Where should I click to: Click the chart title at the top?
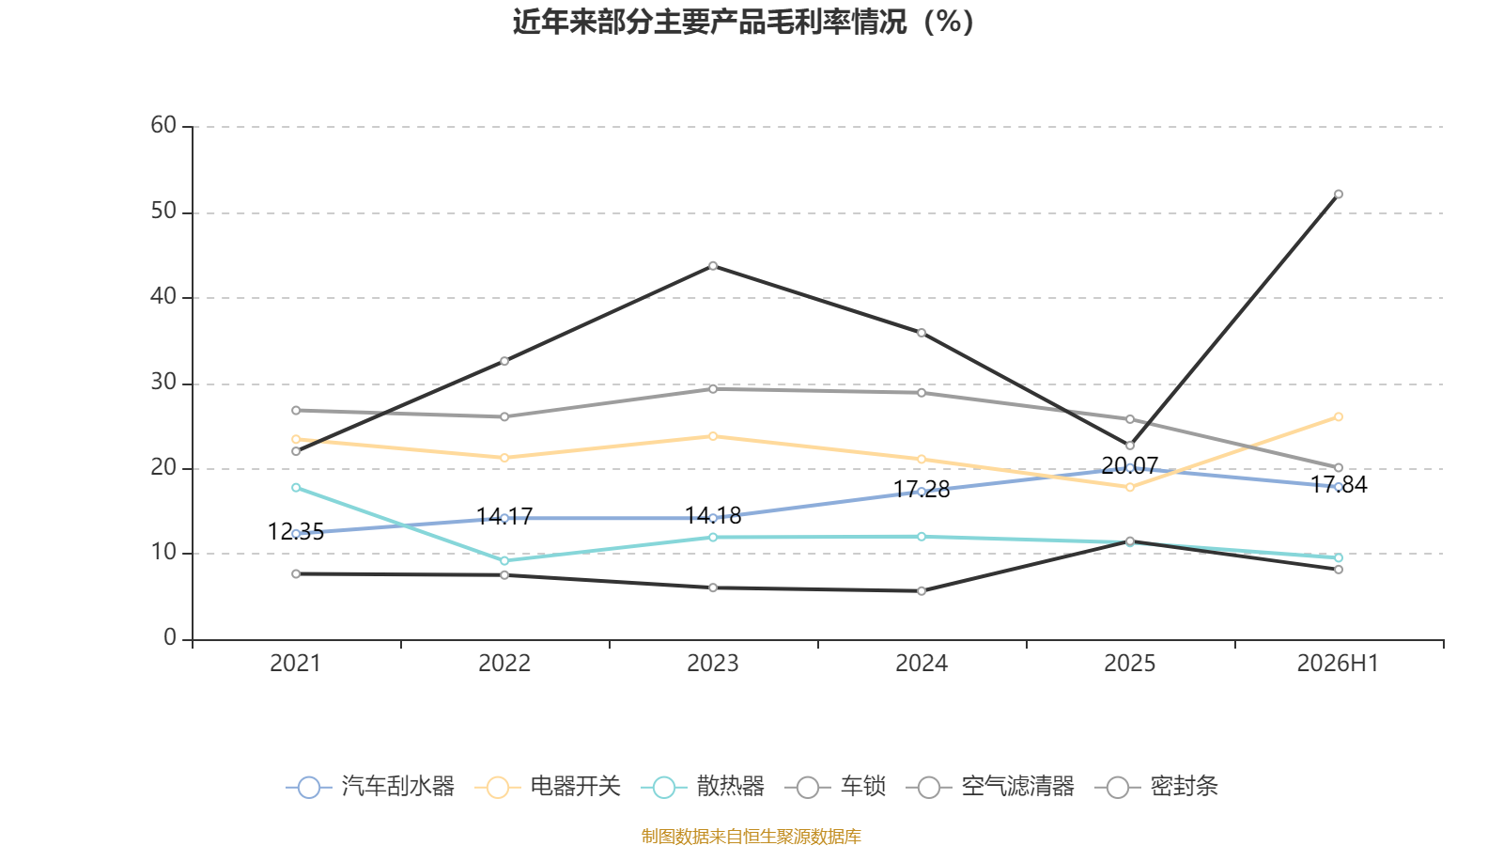pyautogui.click(x=743, y=23)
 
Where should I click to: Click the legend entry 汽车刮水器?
pyautogui.click(x=370, y=786)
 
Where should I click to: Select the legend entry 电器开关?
pyautogui.click(x=548, y=786)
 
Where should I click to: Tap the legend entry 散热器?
pyautogui.click(x=703, y=786)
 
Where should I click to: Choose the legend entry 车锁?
pyautogui.click(x=835, y=786)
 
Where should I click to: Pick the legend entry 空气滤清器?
pyautogui.click(x=990, y=786)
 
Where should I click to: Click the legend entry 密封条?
pyautogui.click(x=1156, y=786)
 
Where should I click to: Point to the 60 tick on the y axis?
pyautogui.click(x=163, y=126)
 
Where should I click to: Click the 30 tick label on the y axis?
pyautogui.click(x=163, y=383)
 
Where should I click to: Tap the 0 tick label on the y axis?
pyautogui.click(x=170, y=638)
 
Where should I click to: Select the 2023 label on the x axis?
pyautogui.click(x=713, y=664)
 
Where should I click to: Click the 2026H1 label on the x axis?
pyautogui.click(x=1338, y=664)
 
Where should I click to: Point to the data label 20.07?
pyautogui.click(x=1130, y=466)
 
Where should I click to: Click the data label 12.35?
pyautogui.click(x=296, y=532)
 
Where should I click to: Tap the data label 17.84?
pyautogui.click(x=1339, y=485)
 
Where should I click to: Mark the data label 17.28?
pyautogui.click(x=922, y=490)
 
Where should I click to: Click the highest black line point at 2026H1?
pyautogui.click(x=1338, y=195)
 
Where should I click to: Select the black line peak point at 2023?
pyautogui.click(x=713, y=267)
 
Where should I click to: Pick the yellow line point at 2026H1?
pyautogui.click(x=1338, y=417)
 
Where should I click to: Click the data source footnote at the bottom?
pyautogui.click(x=751, y=836)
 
